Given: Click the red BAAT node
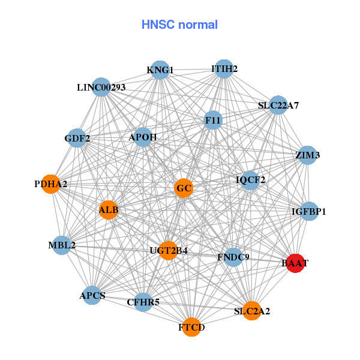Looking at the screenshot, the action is pyautogui.click(x=295, y=263).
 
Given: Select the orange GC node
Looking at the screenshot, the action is pyautogui.click(x=184, y=188).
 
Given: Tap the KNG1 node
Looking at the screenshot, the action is pyautogui.click(x=160, y=70).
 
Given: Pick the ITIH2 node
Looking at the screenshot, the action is pyautogui.click(x=224, y=69).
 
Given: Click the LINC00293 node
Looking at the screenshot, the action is pyautogui.click(x=101, y=88).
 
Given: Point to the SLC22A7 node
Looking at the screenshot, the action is pyautogui.click(x=278, y=106).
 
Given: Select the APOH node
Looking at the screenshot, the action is pyautogui.click(x=143, y=137).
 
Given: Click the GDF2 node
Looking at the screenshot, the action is pyautogui.click(x=77, y=139).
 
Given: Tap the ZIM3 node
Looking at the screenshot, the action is pyautogui.click(x=307, y=155).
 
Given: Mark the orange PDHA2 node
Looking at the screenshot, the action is pyautogui.click(x=51, y=184).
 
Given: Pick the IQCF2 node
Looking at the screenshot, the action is pyautogui.click(x=250, y=179).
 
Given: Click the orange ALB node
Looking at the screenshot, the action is pyautogui.click(x=109, y=209).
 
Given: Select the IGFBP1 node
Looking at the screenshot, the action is pyautogui.click(x=308, y=211).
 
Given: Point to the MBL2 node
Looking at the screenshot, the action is pyautogui.click(x=62, y=245).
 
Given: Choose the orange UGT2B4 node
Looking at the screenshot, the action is pyautogui.click(x=169, y=250).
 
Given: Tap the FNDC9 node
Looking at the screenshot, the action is pyautogui.click(x=233, y=257).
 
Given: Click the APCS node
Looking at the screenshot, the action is pyautogui.click(x=92, y=295).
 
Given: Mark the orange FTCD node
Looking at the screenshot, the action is pyautogui.click(x=191, y=327).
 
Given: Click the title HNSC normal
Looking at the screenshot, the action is pyautogui.click(x=179, y=25).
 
